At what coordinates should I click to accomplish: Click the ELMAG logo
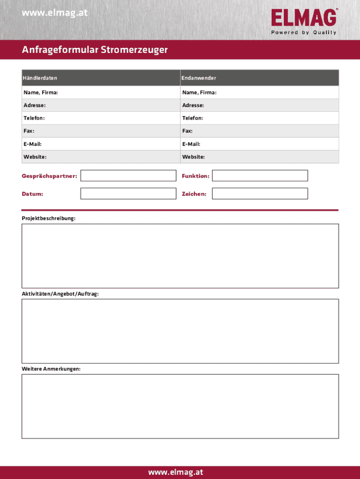click(303, 18)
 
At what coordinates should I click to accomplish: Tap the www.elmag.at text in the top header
click(55, 13)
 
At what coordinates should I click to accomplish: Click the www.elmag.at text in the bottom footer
click(176, 472)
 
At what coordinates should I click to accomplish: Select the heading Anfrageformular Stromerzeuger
click(94, 50)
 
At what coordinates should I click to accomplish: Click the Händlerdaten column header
click(40, 78)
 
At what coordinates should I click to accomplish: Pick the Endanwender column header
click(199, 78)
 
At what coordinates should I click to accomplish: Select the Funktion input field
click(260, 176)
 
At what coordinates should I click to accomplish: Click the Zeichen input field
click(260, 194)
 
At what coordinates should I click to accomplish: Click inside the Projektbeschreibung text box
click(180, 256)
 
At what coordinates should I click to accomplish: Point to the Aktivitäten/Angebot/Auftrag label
click(60, 294)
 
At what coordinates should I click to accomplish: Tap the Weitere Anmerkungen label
click(51, 369)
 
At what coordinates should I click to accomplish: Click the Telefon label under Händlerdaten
click(34, 118)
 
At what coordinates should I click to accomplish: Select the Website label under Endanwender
click(194, 157)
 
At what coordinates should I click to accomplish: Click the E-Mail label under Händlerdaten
click(33, 144)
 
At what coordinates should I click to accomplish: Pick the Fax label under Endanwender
click(187, 131)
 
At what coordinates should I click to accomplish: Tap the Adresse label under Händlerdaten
click(35, 105)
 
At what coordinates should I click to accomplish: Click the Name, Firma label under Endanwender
click(200, 93)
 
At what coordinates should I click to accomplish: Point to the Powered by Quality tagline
click(304, 33)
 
